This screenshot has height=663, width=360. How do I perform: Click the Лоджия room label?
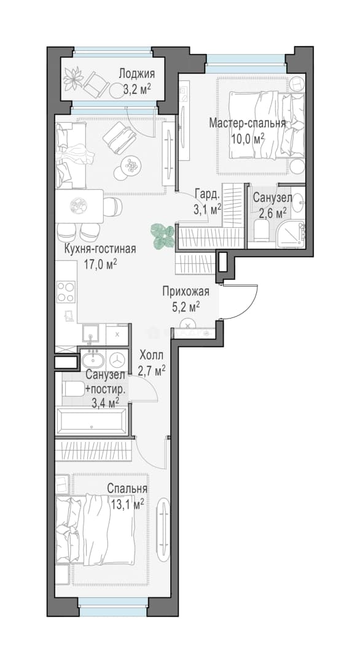(136, 74)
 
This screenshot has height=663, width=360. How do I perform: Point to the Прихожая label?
(186, 291)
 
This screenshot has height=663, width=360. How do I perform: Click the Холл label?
(151, 355)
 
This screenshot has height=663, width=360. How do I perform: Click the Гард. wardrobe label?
(207, 195)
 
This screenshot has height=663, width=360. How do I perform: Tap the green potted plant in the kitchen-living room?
(163, 236)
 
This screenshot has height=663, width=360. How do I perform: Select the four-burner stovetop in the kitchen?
(66, 292)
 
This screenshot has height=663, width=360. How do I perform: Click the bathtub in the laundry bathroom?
(93, 421)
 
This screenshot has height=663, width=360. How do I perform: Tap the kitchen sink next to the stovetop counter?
(91, 335)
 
